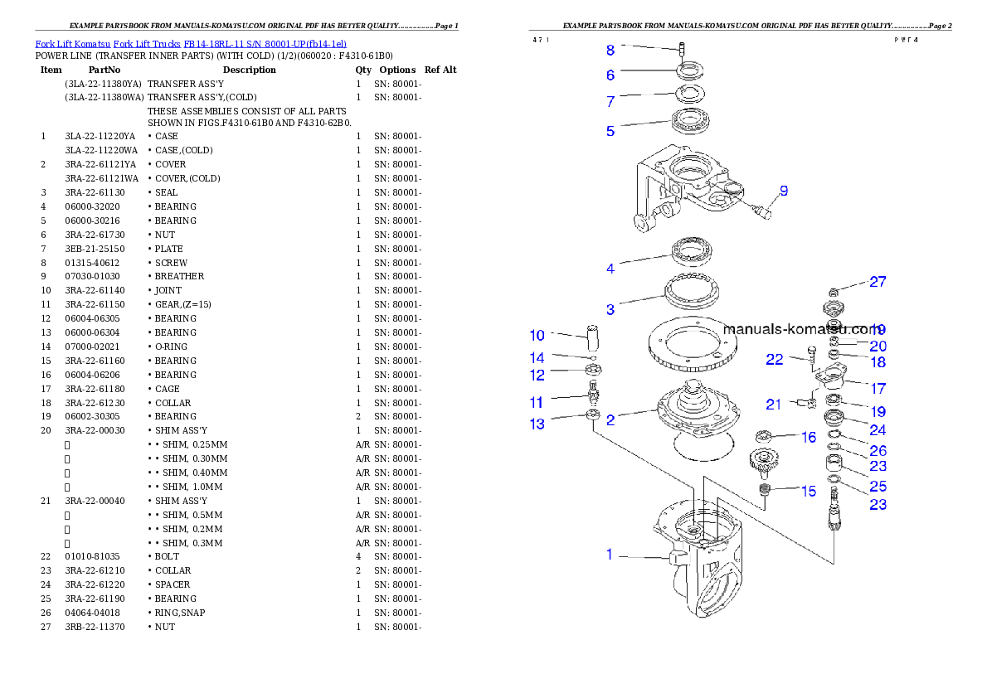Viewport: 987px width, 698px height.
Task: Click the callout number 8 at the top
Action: click(610, 49)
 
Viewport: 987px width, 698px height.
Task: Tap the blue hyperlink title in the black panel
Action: click(191, 43)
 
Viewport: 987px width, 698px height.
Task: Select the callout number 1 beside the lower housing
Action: click(610, 555)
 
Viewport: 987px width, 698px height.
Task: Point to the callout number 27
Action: click(878, 282)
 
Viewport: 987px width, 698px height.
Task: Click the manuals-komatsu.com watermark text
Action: click(800, 328)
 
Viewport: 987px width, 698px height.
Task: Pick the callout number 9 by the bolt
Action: click(783, 191)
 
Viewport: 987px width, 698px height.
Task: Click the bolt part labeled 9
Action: click(762, 211)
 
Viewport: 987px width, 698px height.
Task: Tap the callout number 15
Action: click(809, 492)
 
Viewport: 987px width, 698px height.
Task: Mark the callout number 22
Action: click(774, 359)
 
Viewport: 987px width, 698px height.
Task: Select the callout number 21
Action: click(774, 405)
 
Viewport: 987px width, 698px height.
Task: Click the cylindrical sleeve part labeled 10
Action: click(593, 339)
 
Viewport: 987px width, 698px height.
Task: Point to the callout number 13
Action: click(537, 424)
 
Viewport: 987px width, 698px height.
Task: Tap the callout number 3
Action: click(610, 310)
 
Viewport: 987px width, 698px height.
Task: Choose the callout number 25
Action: click(878, 487)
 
